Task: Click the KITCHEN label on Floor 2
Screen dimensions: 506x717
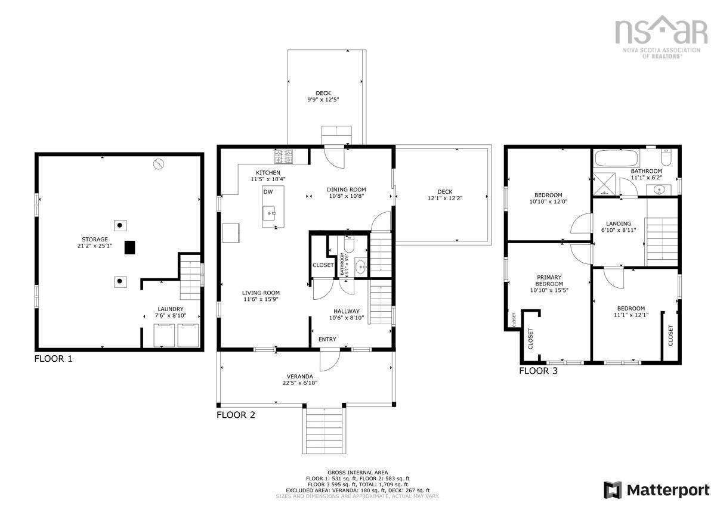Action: click(x=268, y=176)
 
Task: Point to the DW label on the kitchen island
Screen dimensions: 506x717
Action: click(x=268, y=192)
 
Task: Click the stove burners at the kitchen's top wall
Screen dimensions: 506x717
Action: click(x=283, y=157)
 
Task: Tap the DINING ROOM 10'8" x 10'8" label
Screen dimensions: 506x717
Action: click(x=346, y=193)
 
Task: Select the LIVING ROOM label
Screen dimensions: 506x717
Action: click(x=261, y=296)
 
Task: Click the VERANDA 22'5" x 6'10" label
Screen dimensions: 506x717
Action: click(x=299, y=380)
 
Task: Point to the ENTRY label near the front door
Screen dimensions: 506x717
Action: click(x=327, y=340)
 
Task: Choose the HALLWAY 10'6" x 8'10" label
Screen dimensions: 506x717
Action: click(x=346, y=315)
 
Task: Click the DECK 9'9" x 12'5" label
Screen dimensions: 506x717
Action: click(x=323, y=96)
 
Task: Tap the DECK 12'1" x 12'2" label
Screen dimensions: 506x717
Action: click(x=444, y=195)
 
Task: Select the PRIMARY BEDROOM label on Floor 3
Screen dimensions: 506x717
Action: click(x=549, y=284)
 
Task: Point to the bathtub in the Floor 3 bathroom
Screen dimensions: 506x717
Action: click(x=617, y=159)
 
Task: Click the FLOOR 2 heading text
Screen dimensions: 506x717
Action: click(x=236, y=415)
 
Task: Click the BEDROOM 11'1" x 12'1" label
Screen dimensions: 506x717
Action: click(x=631, y=312)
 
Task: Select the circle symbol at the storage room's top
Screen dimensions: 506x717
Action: click(x=158, y=164)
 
